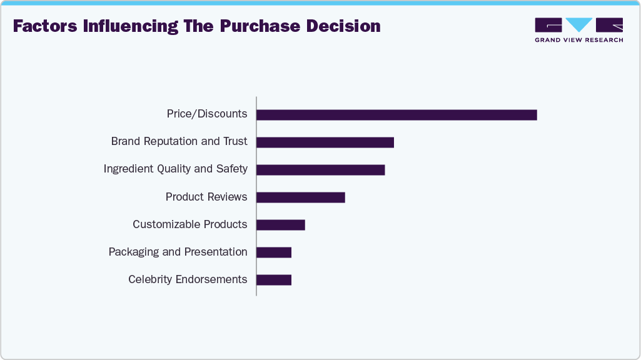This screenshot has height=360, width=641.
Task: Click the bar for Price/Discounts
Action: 396,115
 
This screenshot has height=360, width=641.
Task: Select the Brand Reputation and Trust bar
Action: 325,142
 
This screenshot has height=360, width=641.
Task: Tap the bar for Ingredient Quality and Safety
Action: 320,170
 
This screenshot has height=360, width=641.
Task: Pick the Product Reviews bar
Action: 301,197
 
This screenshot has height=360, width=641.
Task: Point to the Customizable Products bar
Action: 281,225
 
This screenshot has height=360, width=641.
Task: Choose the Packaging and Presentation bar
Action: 274,252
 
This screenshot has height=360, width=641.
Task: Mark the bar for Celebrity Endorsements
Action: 274,280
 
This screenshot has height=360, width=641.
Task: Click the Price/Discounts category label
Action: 207,114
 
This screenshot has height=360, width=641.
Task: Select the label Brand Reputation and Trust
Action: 179,141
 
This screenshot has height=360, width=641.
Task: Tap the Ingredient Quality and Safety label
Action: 175,169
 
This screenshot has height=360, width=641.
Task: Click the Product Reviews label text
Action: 206,197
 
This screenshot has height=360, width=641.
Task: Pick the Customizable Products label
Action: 189,224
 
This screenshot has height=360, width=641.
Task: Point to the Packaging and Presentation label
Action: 178,252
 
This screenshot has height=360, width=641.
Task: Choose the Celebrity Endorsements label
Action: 188,279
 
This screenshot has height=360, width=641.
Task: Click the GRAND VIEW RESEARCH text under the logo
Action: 578,40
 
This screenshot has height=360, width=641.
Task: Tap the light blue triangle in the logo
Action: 578,24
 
